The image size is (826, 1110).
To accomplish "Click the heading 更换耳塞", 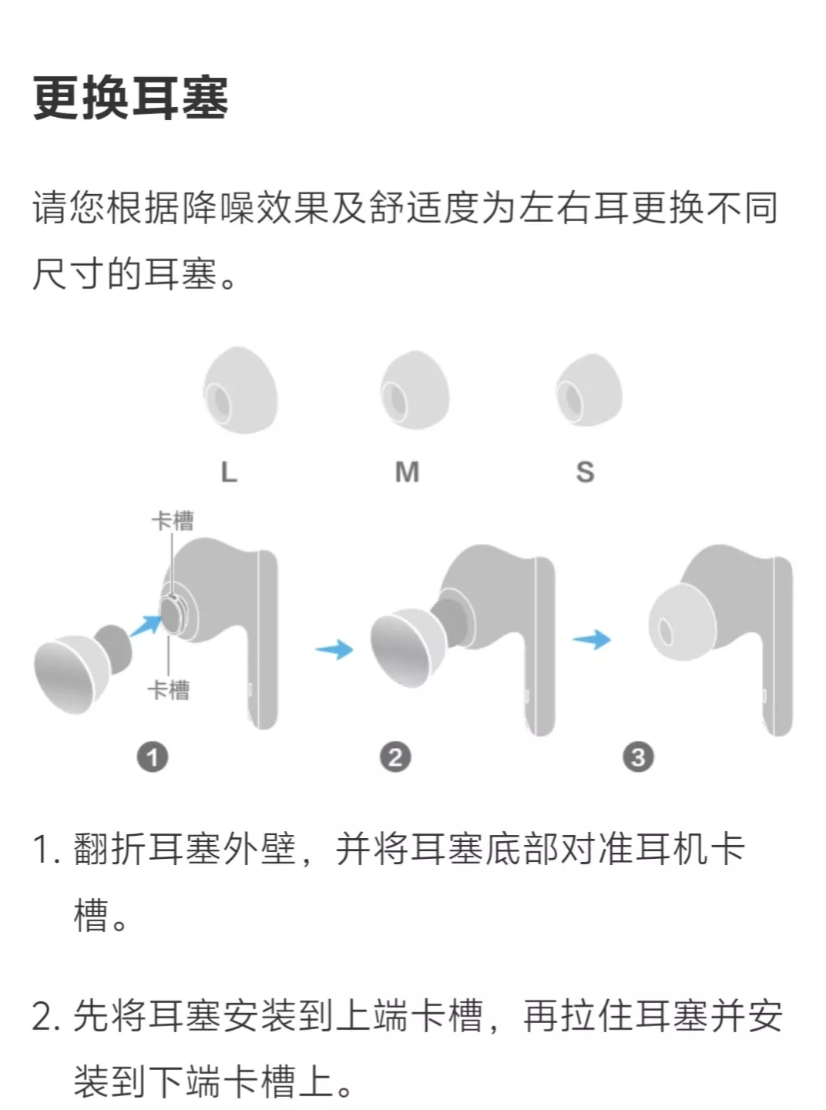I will click(x=130, y=98).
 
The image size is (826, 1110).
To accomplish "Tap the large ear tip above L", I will click(x=240, y=391).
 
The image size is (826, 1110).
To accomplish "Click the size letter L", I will click(x=229, y=471).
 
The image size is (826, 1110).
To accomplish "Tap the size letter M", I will click(x=407, y=471).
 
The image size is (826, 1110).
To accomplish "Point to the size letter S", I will click(x=585, y=471).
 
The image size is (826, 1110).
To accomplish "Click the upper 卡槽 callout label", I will click(x=173, y=521).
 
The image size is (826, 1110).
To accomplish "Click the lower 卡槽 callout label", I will click(x=169, y=689).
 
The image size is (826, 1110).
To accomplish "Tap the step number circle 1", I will click(x=153, y=757).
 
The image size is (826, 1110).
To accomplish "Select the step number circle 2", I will click(x=395, y=757).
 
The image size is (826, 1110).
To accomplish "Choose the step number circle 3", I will click(x=638, y=757).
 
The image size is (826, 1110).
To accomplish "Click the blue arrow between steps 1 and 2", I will click(x=334, y=649).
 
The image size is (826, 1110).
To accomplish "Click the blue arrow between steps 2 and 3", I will click(x=592, y=639).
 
